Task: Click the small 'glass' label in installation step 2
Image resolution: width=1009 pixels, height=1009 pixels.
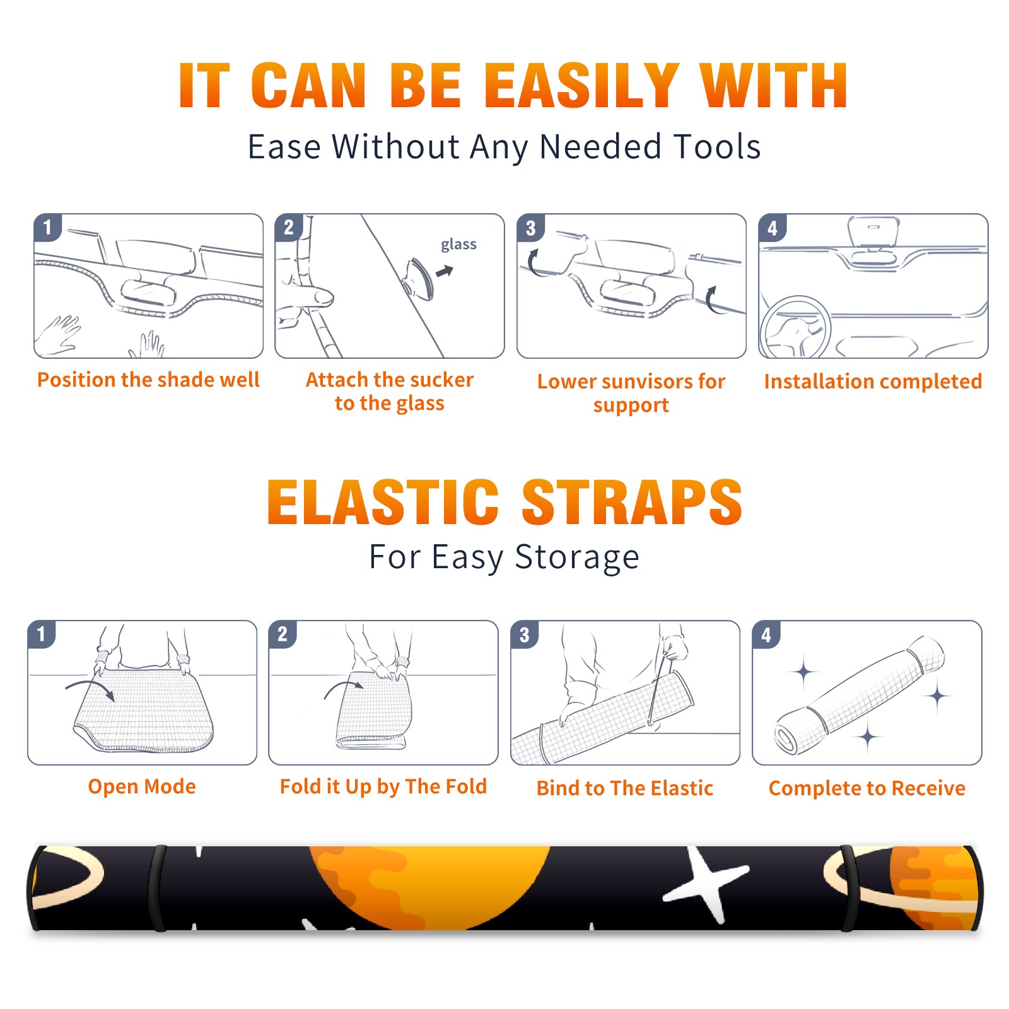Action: (x=458, y=244)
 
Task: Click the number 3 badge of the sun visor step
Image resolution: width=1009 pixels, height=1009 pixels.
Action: (x=530, y=228)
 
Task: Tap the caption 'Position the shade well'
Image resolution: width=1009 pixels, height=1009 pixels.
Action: (x=148, y=380)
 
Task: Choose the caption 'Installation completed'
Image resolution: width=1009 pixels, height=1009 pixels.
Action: (x=873, y=381)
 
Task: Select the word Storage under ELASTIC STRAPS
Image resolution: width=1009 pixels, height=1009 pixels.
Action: (x=577, y=557)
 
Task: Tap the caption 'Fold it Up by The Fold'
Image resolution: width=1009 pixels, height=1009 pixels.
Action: (x=383, y=786)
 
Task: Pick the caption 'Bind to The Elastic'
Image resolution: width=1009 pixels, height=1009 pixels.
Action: (x=625, y=788)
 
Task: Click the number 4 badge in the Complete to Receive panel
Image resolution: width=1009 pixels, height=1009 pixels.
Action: (x=766, y=634)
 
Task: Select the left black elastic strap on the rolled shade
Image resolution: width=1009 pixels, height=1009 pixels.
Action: (x=158, y=888)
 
